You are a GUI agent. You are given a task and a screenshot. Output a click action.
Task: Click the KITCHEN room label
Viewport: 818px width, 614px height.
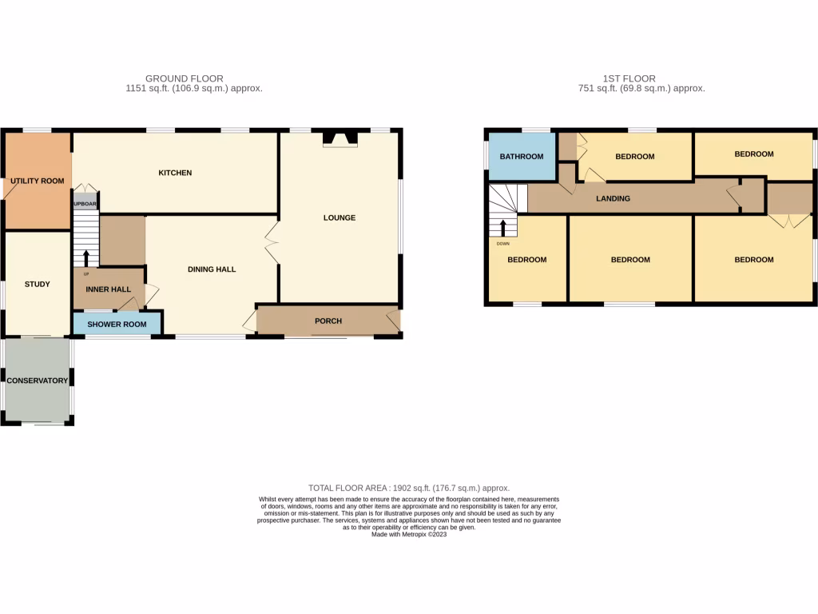click(175, 173)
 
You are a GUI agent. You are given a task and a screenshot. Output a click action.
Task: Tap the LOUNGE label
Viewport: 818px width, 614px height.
click(339, 217)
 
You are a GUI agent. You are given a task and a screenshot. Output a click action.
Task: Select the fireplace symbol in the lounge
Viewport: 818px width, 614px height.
click(340, 140)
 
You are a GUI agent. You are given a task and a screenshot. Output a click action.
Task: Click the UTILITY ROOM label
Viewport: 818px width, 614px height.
click(37, 181)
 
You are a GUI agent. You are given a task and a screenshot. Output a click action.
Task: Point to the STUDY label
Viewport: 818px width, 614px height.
click(37, 284)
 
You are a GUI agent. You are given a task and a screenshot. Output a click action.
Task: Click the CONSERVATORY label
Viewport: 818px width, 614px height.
click(37, 381)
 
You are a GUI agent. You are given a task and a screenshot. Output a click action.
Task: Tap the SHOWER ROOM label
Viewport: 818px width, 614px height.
click(117, 324)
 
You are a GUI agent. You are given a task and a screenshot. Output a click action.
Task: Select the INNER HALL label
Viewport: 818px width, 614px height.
click(108, 289)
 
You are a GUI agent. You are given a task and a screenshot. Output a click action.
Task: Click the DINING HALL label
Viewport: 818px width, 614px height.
click(212, 269)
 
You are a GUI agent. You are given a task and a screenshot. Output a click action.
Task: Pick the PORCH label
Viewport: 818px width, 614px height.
click(328, 321)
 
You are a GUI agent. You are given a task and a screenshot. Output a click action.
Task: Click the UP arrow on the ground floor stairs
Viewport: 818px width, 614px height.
click(86, 257)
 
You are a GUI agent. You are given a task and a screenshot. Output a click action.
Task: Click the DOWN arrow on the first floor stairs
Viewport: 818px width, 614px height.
click(503, 228)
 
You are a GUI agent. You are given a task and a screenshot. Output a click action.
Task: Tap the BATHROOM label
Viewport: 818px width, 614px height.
click(522, 156)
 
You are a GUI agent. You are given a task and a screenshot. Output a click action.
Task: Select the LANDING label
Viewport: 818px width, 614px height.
click(613, 198)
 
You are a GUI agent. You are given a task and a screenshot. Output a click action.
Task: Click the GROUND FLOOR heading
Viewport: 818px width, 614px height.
click(184, 78)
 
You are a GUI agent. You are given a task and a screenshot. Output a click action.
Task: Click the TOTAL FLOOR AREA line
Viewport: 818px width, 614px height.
click(409, 488)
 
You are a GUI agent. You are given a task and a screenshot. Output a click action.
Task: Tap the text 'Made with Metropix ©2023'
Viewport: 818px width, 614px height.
click(409, 534)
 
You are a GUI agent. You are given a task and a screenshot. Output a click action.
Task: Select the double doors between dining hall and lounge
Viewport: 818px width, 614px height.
click(272, 244)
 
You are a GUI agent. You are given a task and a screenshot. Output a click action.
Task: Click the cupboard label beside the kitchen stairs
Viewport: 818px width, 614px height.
click(85, 204)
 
